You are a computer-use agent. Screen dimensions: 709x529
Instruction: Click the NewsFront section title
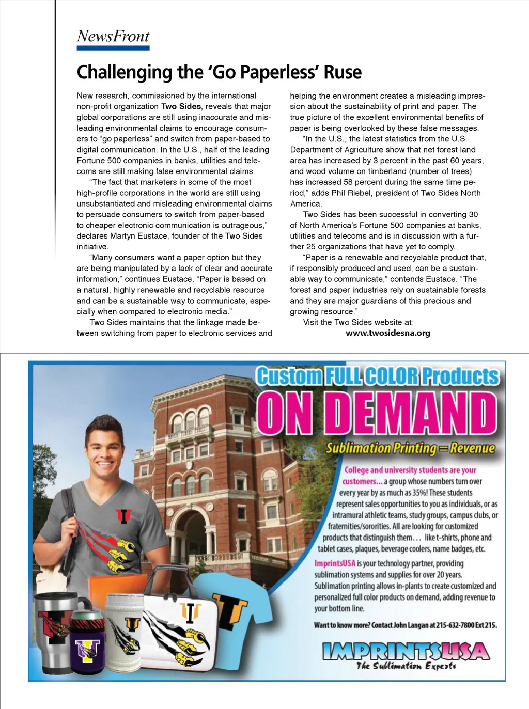click(x=113, y=36)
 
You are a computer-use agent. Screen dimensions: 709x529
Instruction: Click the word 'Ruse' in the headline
click(x=343, y=72)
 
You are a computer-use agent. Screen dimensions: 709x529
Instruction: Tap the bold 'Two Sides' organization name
click(x=181, y=106)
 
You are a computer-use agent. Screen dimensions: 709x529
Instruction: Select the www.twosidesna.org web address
click(x=387, y=333)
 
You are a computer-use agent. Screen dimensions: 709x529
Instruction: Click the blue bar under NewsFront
click(x=113, y=48)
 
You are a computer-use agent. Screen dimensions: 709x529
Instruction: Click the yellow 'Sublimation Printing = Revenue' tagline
click(x=410, y=448)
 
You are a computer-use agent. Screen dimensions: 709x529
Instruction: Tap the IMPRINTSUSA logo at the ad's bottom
click(x=406, y=651)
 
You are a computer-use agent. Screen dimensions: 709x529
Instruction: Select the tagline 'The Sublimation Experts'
click(x=406, y=666)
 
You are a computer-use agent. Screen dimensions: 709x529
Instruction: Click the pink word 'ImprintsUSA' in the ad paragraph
click(x=335, y=563)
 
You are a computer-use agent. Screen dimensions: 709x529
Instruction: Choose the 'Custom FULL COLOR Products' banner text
click(x=378, y=376)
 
